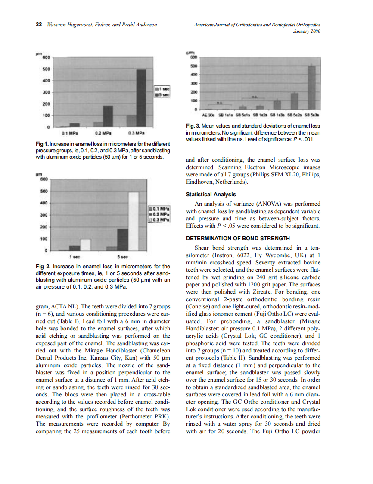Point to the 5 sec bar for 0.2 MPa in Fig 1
tap(108, 116)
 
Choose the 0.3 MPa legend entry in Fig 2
tap(160, 220)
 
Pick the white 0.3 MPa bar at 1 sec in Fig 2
tap(86, 245)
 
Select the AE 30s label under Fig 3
tap(208, 115)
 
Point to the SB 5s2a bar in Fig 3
tap(295, 101)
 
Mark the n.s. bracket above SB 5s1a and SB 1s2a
tap(255, 98)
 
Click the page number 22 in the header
tap(38, 25)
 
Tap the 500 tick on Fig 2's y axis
tap(44, 190)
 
